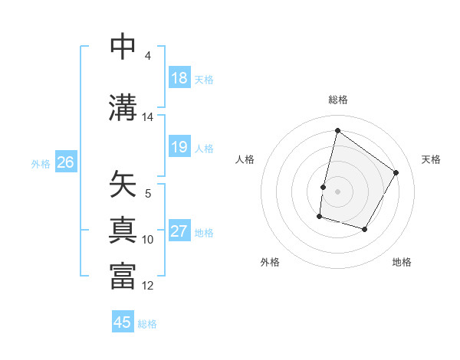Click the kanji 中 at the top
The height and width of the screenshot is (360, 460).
123,47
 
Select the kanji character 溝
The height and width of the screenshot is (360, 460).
123,108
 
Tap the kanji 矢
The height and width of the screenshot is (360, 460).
123,185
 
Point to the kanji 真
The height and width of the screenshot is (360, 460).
123,230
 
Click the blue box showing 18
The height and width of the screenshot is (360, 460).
179,78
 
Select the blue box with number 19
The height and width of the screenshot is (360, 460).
179,147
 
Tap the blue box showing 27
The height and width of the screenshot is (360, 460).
179,231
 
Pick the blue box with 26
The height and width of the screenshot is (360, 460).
65,162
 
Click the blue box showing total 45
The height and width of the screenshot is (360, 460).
123,322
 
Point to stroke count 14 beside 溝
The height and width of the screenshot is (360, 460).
147,117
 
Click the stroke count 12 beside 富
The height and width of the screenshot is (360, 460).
148,286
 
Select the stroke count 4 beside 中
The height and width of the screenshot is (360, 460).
147,56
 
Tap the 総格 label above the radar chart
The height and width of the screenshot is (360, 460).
337,100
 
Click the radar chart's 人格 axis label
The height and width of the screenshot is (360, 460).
245,159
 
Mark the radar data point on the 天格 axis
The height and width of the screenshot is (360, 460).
396,172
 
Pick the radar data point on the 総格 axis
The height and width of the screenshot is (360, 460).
337,131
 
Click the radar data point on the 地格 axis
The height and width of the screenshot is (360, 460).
365,230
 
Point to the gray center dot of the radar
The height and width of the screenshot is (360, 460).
337,191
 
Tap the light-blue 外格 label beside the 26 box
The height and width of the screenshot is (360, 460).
40,163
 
